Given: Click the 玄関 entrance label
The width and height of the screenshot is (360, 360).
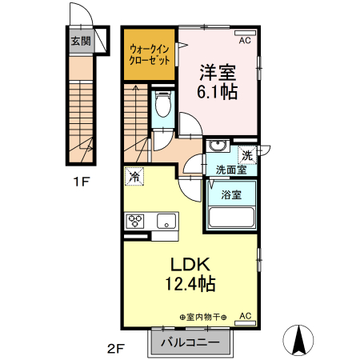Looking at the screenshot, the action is [x=81, y=41].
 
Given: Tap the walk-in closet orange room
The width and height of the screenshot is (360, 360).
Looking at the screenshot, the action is [x=150, y=54].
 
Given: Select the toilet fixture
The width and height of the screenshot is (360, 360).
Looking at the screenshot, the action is [x=163, y=104].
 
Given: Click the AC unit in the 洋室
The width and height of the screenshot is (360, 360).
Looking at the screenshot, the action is [x=245, y=33].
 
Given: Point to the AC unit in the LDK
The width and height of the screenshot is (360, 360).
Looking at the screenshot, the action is [x=245, y=323].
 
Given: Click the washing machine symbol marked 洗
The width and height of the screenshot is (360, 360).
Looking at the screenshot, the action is [x=247, y=155].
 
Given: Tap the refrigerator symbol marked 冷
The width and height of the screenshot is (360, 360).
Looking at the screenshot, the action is [x=134, y=176].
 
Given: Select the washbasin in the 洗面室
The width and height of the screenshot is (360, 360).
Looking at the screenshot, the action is [x=218, y=146].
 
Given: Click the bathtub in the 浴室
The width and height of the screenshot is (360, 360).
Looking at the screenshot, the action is [x=231, y=217].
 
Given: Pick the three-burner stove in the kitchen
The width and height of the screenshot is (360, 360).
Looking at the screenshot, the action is [x=135, y=221].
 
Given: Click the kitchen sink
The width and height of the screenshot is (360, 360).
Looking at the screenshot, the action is [x=166, y=221].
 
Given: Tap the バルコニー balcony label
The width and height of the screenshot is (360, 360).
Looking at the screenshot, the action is [x=190, y=342].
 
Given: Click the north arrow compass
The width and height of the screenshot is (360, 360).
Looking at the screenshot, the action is [x=298, y=340].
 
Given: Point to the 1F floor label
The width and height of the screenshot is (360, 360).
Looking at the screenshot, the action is [x=81, y=182].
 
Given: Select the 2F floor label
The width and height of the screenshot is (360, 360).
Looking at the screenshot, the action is [x=116, y=348].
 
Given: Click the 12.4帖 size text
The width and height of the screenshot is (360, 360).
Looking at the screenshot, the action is [x=190, y=283].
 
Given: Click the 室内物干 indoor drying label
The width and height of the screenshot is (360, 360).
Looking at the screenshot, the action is [x=203, y=318].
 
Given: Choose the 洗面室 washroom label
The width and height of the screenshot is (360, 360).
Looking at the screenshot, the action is [x=231, y=170].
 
